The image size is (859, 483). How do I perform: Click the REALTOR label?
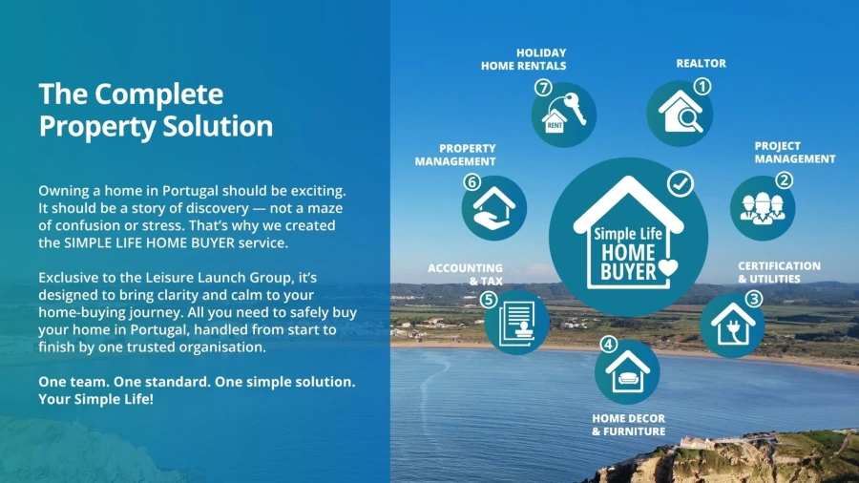pos(701,64)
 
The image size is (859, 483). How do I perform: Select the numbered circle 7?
pos(543,88)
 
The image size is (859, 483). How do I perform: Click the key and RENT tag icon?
pos(564,114)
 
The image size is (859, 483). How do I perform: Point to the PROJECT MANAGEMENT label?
pos(795,152)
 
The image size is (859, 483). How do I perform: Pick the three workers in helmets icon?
pos(763,208)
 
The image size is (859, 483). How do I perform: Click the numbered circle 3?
pos(754,299)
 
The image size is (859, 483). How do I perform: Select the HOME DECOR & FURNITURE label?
pos(628,425)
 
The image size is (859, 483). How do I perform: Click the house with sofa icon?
pos(628,372)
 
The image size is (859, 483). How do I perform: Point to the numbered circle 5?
pos(488,300)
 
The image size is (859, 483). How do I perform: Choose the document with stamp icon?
pos(516,324)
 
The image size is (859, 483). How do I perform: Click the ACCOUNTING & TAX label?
pos(465,274)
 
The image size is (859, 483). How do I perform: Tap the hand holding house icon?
pos(493,208)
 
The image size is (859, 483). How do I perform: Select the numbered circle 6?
pos(471,181)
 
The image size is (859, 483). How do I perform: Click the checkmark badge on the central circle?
pos(681,183)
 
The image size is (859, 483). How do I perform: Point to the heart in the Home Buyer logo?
pos(668,268)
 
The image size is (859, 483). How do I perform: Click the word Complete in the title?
pos(158,94)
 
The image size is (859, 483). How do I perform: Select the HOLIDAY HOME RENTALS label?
pos(524,59)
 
